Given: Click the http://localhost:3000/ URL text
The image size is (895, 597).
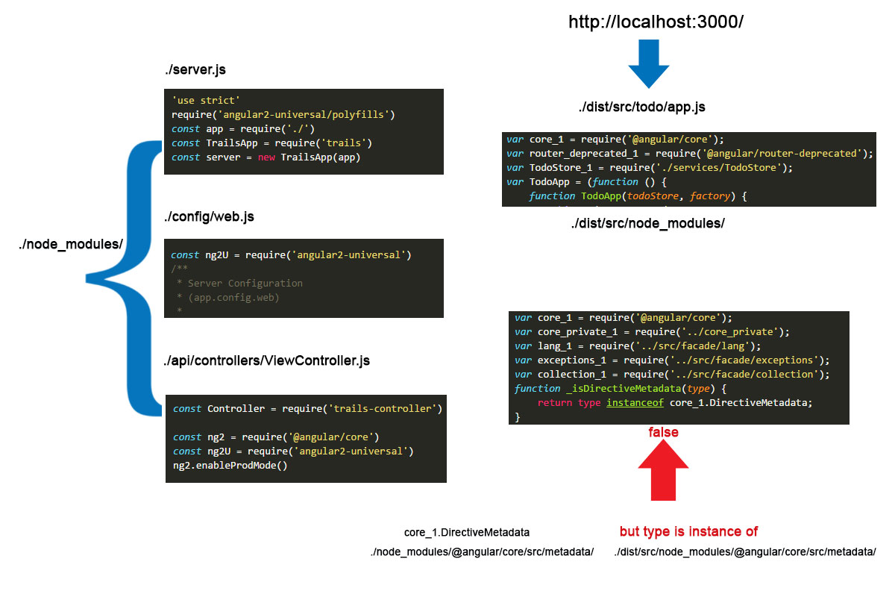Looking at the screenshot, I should coord(656,22).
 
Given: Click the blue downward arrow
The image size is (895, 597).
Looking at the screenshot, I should coord(655,66).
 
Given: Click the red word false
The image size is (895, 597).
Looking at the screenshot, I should coord(663,433).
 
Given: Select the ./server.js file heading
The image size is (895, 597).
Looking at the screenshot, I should coord(195,70).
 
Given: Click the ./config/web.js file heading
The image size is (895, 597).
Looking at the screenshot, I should coord(209,217).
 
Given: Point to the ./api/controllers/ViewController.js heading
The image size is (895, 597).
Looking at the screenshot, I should coord(266,361).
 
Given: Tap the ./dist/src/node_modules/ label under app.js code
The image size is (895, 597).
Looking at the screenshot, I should coord(647,224).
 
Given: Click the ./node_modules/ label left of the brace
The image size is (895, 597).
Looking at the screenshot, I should coord(72,244).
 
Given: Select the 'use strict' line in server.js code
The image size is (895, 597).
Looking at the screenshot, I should coord(205,100).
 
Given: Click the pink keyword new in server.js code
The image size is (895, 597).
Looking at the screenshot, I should coord(266,157).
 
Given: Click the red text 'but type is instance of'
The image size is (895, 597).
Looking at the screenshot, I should coord(688,532).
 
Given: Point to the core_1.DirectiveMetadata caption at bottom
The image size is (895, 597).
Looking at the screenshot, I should coord(467,533).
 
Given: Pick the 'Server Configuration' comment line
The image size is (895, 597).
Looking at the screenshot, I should coord(245,284).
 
